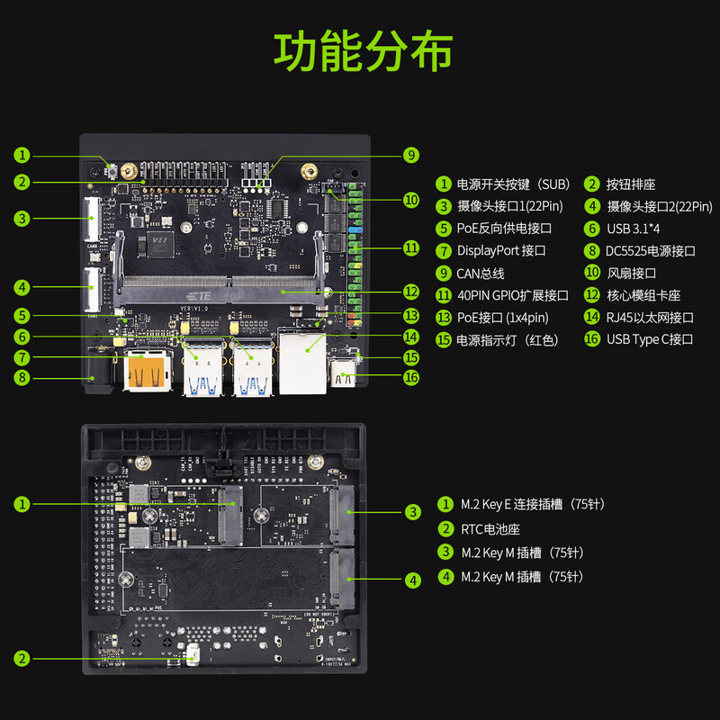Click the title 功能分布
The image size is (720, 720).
pos(363,52)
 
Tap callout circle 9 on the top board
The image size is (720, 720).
pos(411,155)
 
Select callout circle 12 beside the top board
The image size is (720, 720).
pos(411,292)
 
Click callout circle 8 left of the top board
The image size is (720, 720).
pos(22,377)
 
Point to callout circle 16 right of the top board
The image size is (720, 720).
pos(411,377)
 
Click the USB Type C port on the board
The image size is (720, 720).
pos(344,372)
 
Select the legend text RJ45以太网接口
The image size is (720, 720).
pos(650,318)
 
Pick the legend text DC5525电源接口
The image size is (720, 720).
pos(651,250)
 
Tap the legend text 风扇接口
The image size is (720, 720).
pos(632,273)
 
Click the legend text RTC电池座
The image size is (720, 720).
pos(491,528)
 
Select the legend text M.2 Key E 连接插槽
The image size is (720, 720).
pos(532,504)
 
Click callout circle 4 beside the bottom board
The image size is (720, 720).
pos(412,580)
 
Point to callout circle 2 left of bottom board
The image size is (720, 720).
pos(22,658)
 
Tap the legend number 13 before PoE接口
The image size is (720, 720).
pos(443,318)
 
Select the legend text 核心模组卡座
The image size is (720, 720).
pos(643,295)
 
